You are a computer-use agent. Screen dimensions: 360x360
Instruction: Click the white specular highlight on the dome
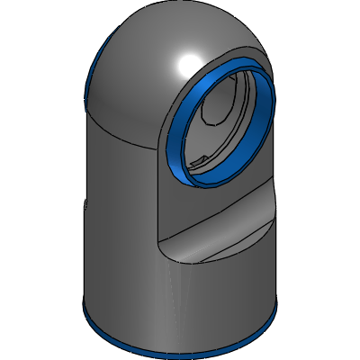tap(190, 63)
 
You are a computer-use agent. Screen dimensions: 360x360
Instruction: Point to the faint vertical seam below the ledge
tap(166, 297)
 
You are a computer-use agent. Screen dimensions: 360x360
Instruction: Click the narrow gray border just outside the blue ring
tap(163, 144)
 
